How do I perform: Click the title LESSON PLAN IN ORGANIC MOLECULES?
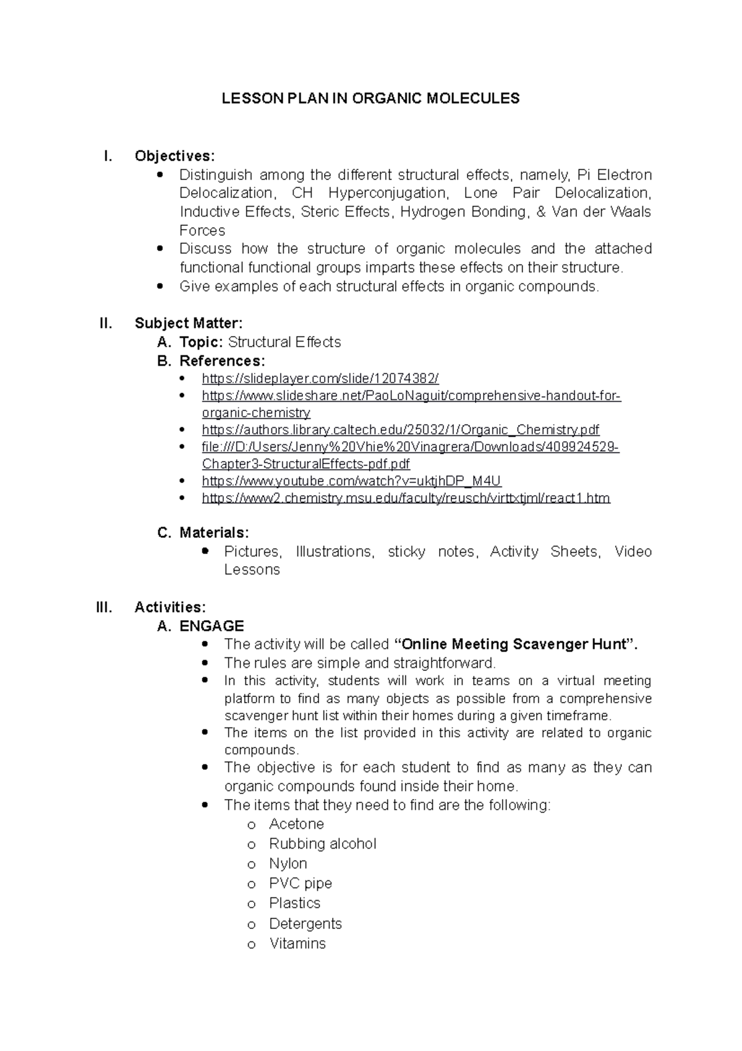click(371, 98)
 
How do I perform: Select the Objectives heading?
click(175, 156)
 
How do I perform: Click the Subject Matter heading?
click(189, 323)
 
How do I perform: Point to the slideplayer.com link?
click(320, 379)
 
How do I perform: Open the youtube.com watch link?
click(351, 481)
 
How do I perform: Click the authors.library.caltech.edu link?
click(401, 430)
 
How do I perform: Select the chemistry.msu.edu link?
click(406, 498)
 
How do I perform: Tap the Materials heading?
click(214, 532)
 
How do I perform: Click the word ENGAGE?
click(211, 626)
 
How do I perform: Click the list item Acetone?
click(296, 824)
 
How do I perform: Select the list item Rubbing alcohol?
click(322, 844)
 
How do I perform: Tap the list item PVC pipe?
click(301, 884)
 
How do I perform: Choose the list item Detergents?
click(305, 924)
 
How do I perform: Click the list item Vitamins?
click(297, 944)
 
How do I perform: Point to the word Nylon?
click(288, 864)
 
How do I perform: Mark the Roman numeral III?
click(104, 607)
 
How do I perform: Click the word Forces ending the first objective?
click(202, 231)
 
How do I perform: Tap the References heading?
click(222, 361)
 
